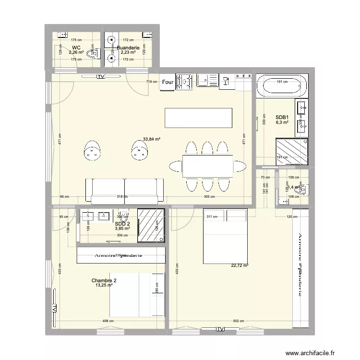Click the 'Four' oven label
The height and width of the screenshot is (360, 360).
(168, 83)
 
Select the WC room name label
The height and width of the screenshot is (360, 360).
(76, 48)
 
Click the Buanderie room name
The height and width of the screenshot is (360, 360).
(129, 48)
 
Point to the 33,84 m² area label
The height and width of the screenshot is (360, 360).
(151, 140)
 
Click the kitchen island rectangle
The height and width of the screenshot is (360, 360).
(199, 117)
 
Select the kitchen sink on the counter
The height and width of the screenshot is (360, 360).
(207, 82)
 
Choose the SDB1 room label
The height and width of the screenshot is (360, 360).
(282, 117)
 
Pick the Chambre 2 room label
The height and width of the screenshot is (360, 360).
(104, 281)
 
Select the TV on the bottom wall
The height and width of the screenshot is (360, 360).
(220, 329)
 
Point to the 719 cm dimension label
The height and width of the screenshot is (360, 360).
(152, 82)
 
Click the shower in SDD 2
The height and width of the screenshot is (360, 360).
(151, 225)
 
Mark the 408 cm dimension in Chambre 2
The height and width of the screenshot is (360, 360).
(108, 322)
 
